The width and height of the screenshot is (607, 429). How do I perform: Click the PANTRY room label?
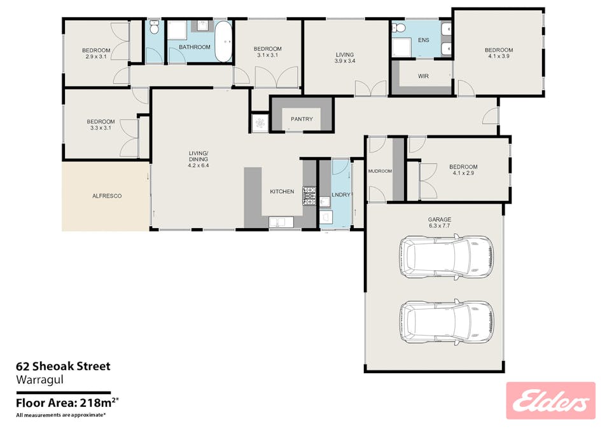pos(302,119)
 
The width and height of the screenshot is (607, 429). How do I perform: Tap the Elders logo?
pos(550,400)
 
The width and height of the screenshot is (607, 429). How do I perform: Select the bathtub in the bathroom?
pos(223,41)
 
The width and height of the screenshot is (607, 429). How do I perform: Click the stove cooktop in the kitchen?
pos(309,195)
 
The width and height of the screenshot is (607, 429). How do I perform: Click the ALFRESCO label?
pos(107,196)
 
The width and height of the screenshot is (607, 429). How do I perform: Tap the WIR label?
pos(423,76)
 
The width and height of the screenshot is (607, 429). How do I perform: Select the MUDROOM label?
pos(380,171)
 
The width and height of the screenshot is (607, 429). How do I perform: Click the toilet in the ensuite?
pos(398,28)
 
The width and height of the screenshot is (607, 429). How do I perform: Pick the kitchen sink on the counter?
pos(281,222)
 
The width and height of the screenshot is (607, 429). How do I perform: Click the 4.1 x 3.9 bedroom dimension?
pos(499,56)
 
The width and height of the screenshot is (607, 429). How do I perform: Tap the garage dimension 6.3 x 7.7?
pos(440,226)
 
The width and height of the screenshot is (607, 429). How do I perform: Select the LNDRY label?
pos(340,195)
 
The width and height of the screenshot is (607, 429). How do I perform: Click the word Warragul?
pos(39,380)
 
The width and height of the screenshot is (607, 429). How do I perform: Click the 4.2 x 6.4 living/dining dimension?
pos(199,166)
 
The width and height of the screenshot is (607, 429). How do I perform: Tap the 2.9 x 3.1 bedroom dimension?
pos(96,57)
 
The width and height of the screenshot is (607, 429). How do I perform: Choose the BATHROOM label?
pos(194,47)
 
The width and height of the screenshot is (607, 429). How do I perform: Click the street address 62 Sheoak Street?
pos(63,366)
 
